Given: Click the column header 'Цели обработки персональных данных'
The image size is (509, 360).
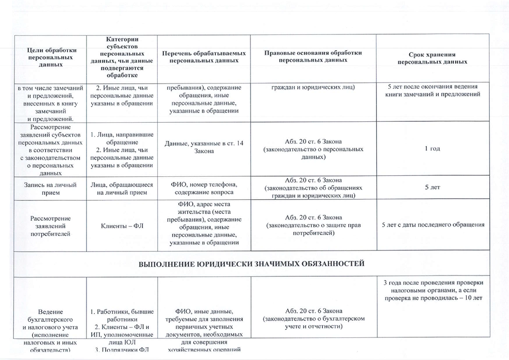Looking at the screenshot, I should click(50, 57).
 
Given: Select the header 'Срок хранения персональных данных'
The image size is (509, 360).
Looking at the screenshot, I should click(432, 58).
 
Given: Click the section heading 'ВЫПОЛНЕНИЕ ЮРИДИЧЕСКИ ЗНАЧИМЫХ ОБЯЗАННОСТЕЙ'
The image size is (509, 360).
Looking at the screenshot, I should click(252, 264).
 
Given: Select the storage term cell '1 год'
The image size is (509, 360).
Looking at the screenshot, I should click(432, 148).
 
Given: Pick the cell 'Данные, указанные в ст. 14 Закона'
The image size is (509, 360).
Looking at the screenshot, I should click(203, 146).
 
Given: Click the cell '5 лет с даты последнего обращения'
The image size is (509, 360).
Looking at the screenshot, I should click(432, 225).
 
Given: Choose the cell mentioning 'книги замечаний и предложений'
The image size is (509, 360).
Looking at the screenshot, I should click(432, 90).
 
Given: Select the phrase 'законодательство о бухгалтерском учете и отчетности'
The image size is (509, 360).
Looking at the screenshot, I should click(313, 322).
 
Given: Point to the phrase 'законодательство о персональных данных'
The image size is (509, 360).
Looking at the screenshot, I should click(313, 152).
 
